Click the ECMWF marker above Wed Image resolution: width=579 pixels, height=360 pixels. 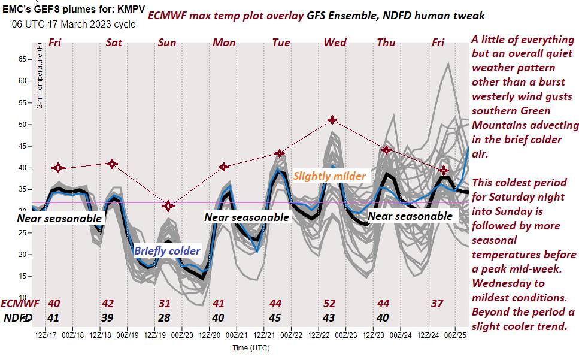(x=333, y=120)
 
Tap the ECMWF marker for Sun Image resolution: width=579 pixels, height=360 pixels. (x=168, y=206)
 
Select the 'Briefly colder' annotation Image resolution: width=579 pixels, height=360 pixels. (x=167, y=251)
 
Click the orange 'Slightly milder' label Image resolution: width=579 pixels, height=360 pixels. (x=329, y=177)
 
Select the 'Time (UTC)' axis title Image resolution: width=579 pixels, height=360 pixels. (x=251, y=348)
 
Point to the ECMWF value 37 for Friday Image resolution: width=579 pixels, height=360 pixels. (x=438, y=304)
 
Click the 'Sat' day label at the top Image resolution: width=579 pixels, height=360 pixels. (x=114, y=43)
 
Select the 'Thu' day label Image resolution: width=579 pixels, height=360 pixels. (x=386, y=43)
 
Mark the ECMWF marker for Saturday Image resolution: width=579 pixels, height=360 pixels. (x=111, y=164)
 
